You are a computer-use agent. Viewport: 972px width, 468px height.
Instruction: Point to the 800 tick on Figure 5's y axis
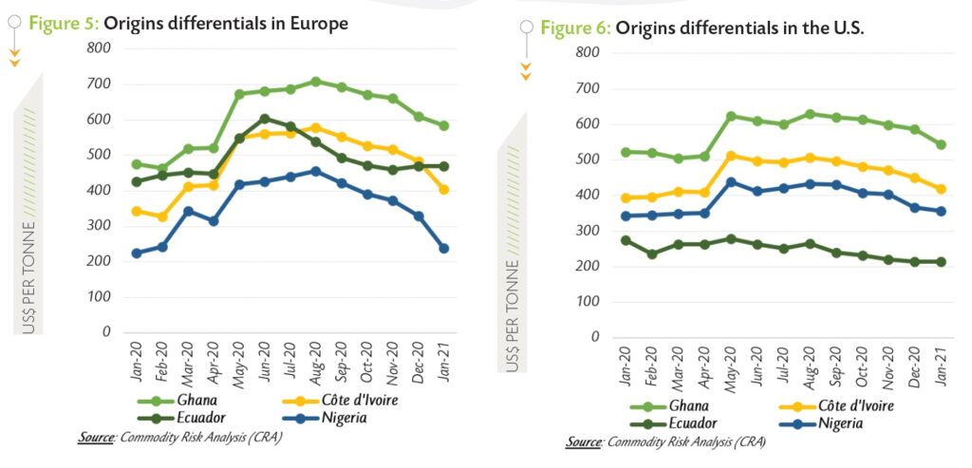[98, 47]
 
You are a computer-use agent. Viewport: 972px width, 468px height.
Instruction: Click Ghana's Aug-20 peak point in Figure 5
[316, 82]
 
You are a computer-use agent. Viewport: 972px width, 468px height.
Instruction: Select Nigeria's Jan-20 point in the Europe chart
[138, 253]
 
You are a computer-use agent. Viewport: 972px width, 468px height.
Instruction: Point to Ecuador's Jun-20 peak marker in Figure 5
[265, 119]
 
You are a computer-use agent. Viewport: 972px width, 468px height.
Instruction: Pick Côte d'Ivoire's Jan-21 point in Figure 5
[443, 190]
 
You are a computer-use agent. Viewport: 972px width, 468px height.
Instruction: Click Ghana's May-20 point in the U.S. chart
[731, 116]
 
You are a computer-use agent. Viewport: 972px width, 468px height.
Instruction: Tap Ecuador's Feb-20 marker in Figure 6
[652, 254]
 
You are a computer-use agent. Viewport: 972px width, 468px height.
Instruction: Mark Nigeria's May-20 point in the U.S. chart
[731, 182]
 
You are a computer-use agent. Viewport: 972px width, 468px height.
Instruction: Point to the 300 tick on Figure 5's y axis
[98, 226]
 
